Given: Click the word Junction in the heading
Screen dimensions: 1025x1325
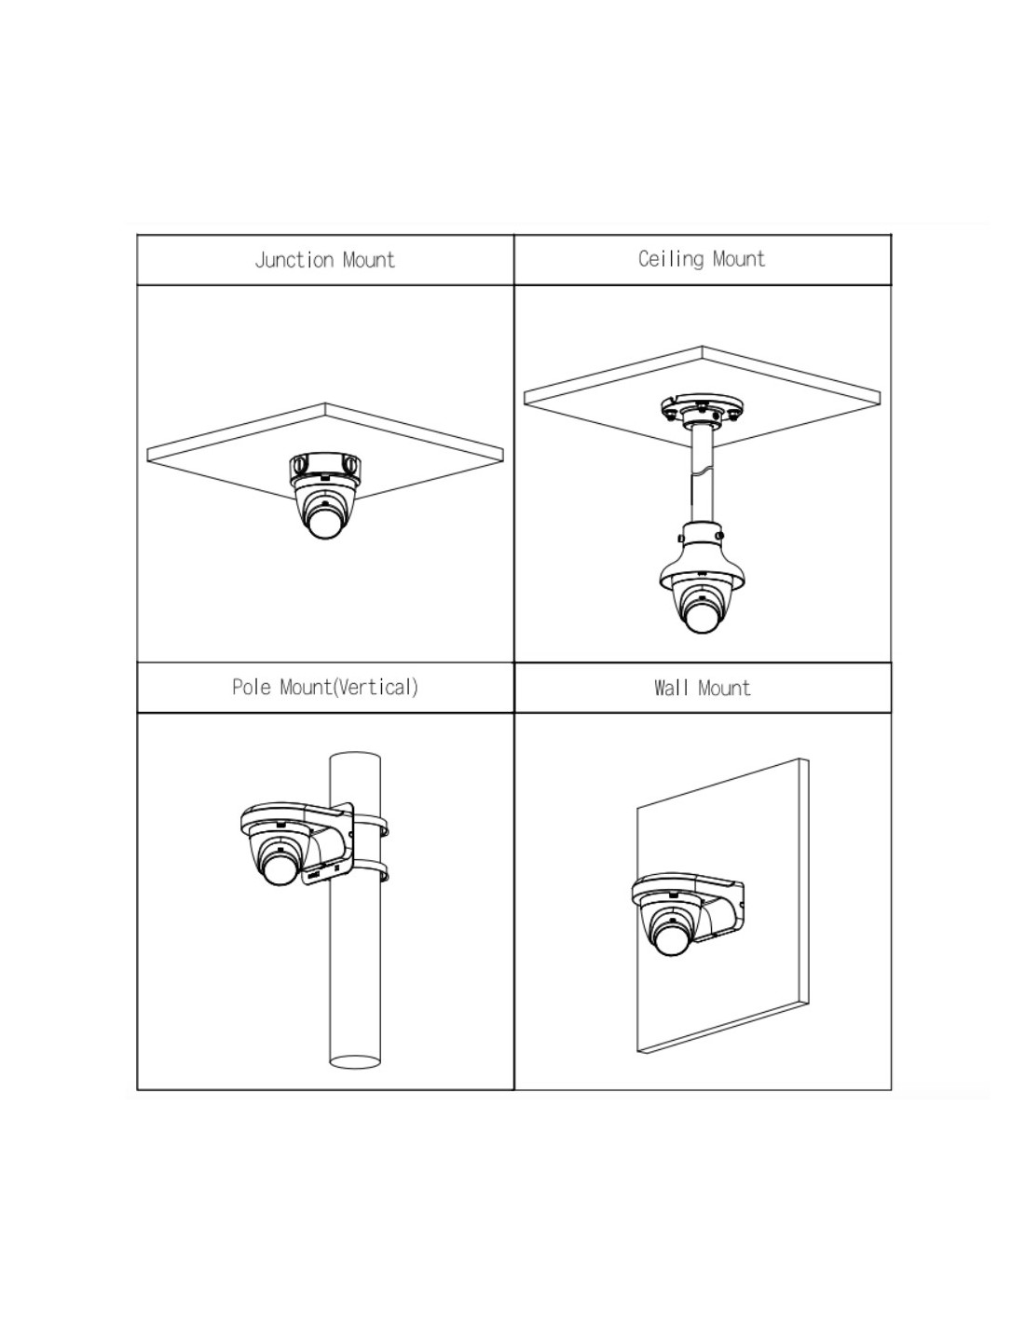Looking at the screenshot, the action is (x=294, y=260).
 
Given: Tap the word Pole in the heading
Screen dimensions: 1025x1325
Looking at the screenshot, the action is (x=252, y=688).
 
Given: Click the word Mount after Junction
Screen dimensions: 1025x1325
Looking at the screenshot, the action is (x=369, y=260).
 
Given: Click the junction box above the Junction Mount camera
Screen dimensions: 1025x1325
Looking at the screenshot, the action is (x=325, y=466).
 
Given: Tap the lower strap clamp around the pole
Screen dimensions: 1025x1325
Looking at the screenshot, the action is (x=370, y=870).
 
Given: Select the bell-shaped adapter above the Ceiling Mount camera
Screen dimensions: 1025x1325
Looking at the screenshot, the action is (x=702, y=557).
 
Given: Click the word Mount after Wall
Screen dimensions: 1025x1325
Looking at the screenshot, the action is (x=724, y=688).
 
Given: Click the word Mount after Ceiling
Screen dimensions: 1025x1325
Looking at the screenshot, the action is (x=738, y=258).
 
